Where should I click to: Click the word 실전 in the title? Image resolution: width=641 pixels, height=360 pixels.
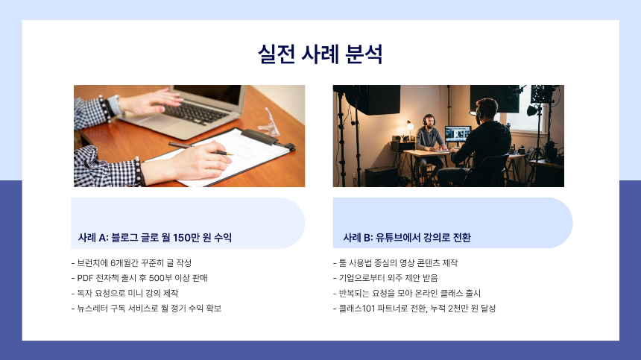[x=275, y=54]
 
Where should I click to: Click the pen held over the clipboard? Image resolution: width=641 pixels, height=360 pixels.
[x=200, y=148]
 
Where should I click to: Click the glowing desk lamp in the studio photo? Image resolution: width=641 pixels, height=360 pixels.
[x=408, y=125]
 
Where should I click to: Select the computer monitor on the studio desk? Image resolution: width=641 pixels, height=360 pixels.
[x=457, y=135]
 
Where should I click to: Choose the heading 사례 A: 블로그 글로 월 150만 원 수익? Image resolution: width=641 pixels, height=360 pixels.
[x=155, y=238]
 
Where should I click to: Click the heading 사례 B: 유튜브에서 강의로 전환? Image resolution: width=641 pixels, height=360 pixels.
[x=407, y=238]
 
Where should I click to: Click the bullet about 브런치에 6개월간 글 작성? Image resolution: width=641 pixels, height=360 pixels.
[x=131, y=263]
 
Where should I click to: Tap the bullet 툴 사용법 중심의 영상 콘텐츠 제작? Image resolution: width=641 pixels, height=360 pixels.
[x=395, y=263]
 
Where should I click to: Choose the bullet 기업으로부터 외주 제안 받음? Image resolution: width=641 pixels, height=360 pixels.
[x=385, y=278]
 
